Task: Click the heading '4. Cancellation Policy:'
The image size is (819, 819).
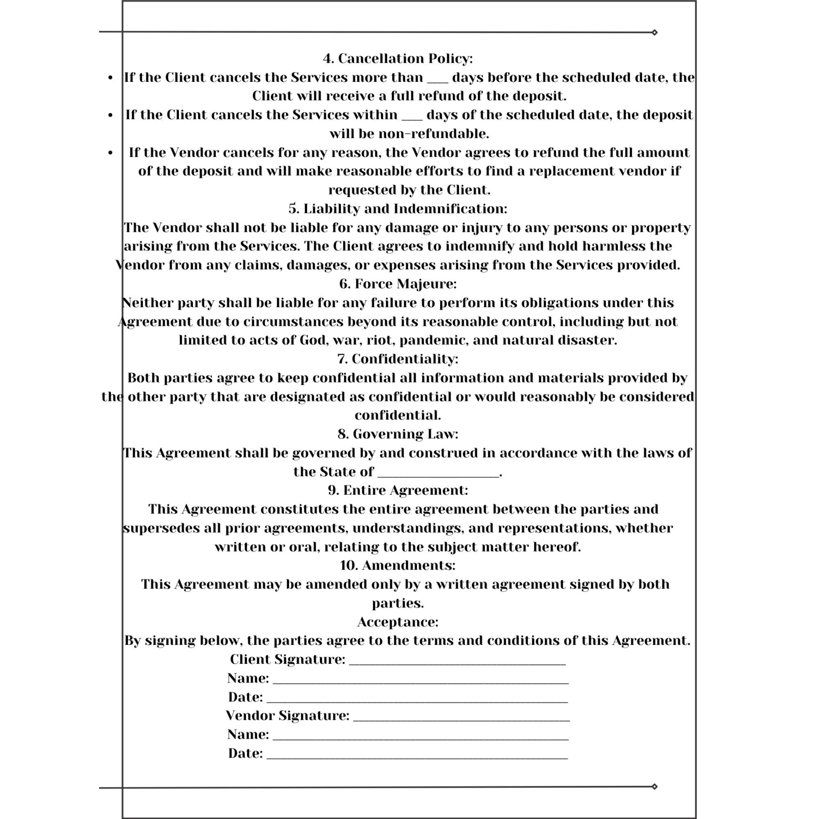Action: pyautogui.click(x=398, y=59)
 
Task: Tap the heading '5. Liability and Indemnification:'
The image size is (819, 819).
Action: pyautogui.click(x=398, y=208)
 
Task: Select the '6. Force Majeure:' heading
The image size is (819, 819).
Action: pyautogui.click(x=398, y=284)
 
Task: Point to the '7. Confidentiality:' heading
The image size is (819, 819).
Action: pyautogui.click(x=398, y=359)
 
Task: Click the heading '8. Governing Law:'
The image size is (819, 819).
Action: pyautogui.click(x=398, y=434)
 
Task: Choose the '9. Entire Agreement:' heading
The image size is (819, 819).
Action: pyautogui.click(x=398, y=490)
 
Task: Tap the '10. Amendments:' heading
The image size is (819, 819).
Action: pyautogui.click(x=398, y=565)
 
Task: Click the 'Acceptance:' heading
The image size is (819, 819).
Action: pyautogui.click(x=398, y=622)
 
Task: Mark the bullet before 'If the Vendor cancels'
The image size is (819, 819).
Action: pyautogui.click(x=111, y=153)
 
